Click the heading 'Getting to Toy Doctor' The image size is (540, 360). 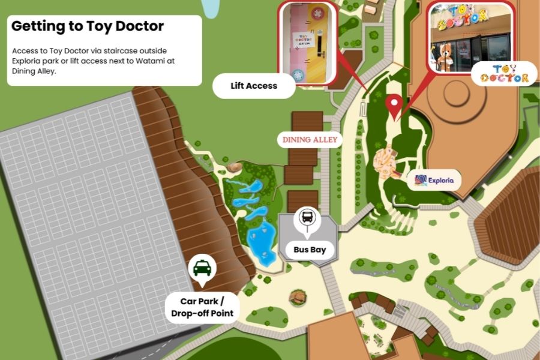pos(88,26)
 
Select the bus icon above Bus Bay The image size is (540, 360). pos(307,217)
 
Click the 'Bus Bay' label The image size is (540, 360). pos(310,249)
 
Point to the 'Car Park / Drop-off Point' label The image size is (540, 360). pos(202,307)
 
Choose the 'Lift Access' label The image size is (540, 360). pos(254,86)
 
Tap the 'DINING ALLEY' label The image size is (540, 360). pos(310,140)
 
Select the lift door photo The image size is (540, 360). pos(307,43)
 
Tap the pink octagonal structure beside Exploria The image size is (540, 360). pos(385,161)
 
